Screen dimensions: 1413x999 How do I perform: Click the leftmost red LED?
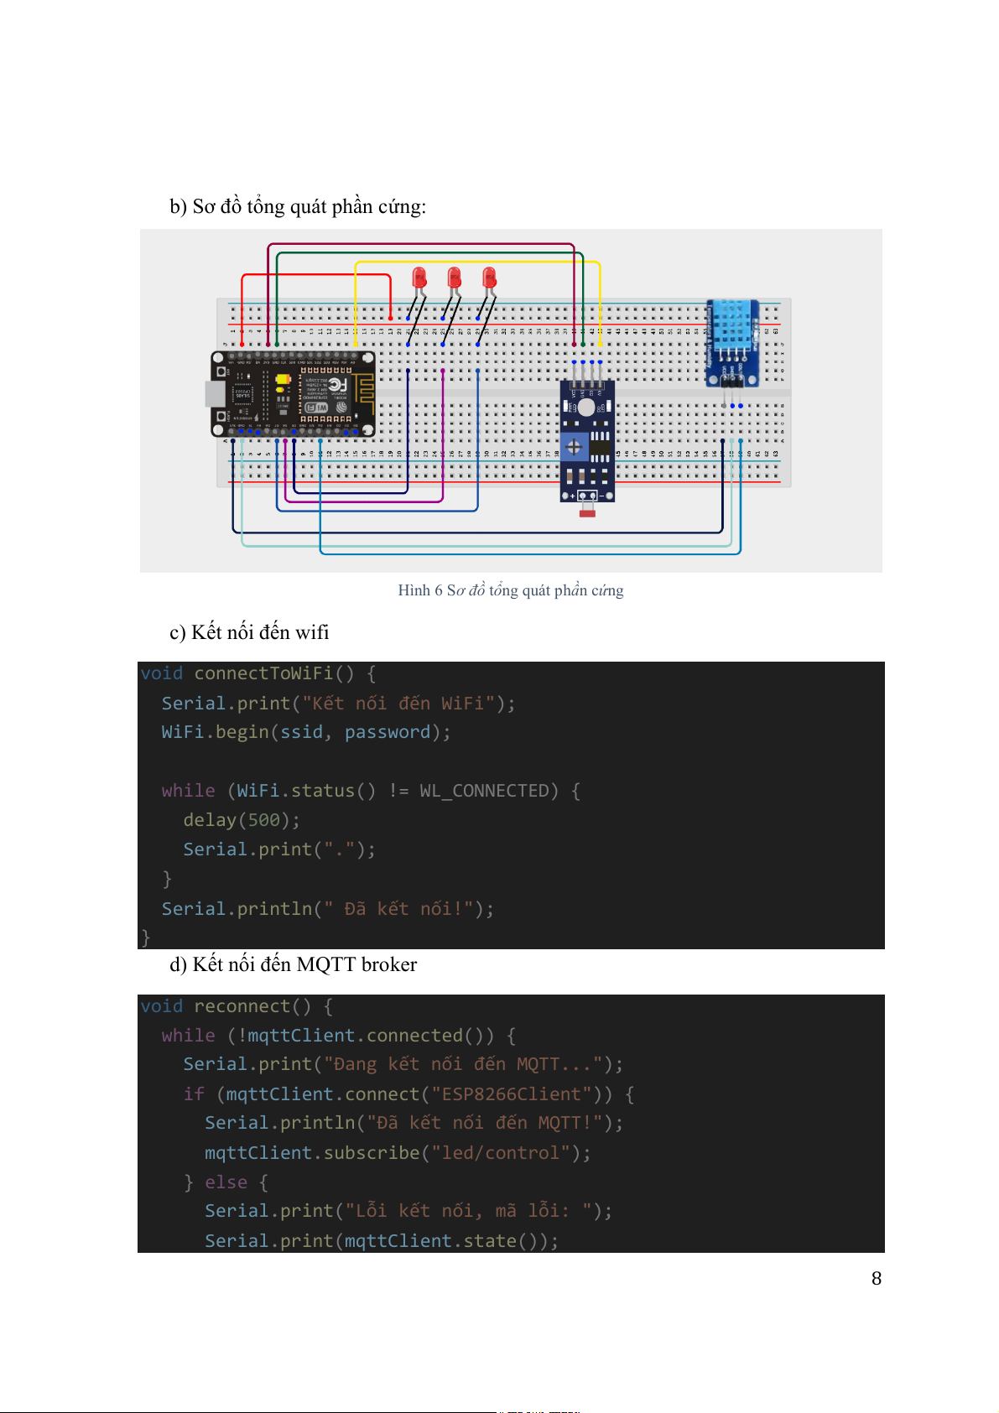coord(419,278)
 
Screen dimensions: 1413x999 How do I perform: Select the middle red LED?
coord(454,278)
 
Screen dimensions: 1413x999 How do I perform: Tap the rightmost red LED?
coord(489,278)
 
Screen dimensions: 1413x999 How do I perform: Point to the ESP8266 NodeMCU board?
coord(293,394)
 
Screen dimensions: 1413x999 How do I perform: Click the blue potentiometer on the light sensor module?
coord(575,446)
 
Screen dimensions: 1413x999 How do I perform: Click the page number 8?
coord(877,1278)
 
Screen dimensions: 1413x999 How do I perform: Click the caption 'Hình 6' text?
coord(419,590)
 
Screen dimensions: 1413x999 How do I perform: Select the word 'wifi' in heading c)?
coord(312,632)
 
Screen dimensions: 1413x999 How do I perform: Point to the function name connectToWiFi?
coord(263,673)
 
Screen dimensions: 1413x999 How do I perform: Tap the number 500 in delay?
coord(263,820)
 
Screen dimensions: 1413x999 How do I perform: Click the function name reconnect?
coord(242,1006)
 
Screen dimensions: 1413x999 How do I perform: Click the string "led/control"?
coord(500,1153)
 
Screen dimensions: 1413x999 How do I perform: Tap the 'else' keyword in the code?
coord(226,1182)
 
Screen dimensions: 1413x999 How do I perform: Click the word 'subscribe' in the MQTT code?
coord(371,1153)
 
